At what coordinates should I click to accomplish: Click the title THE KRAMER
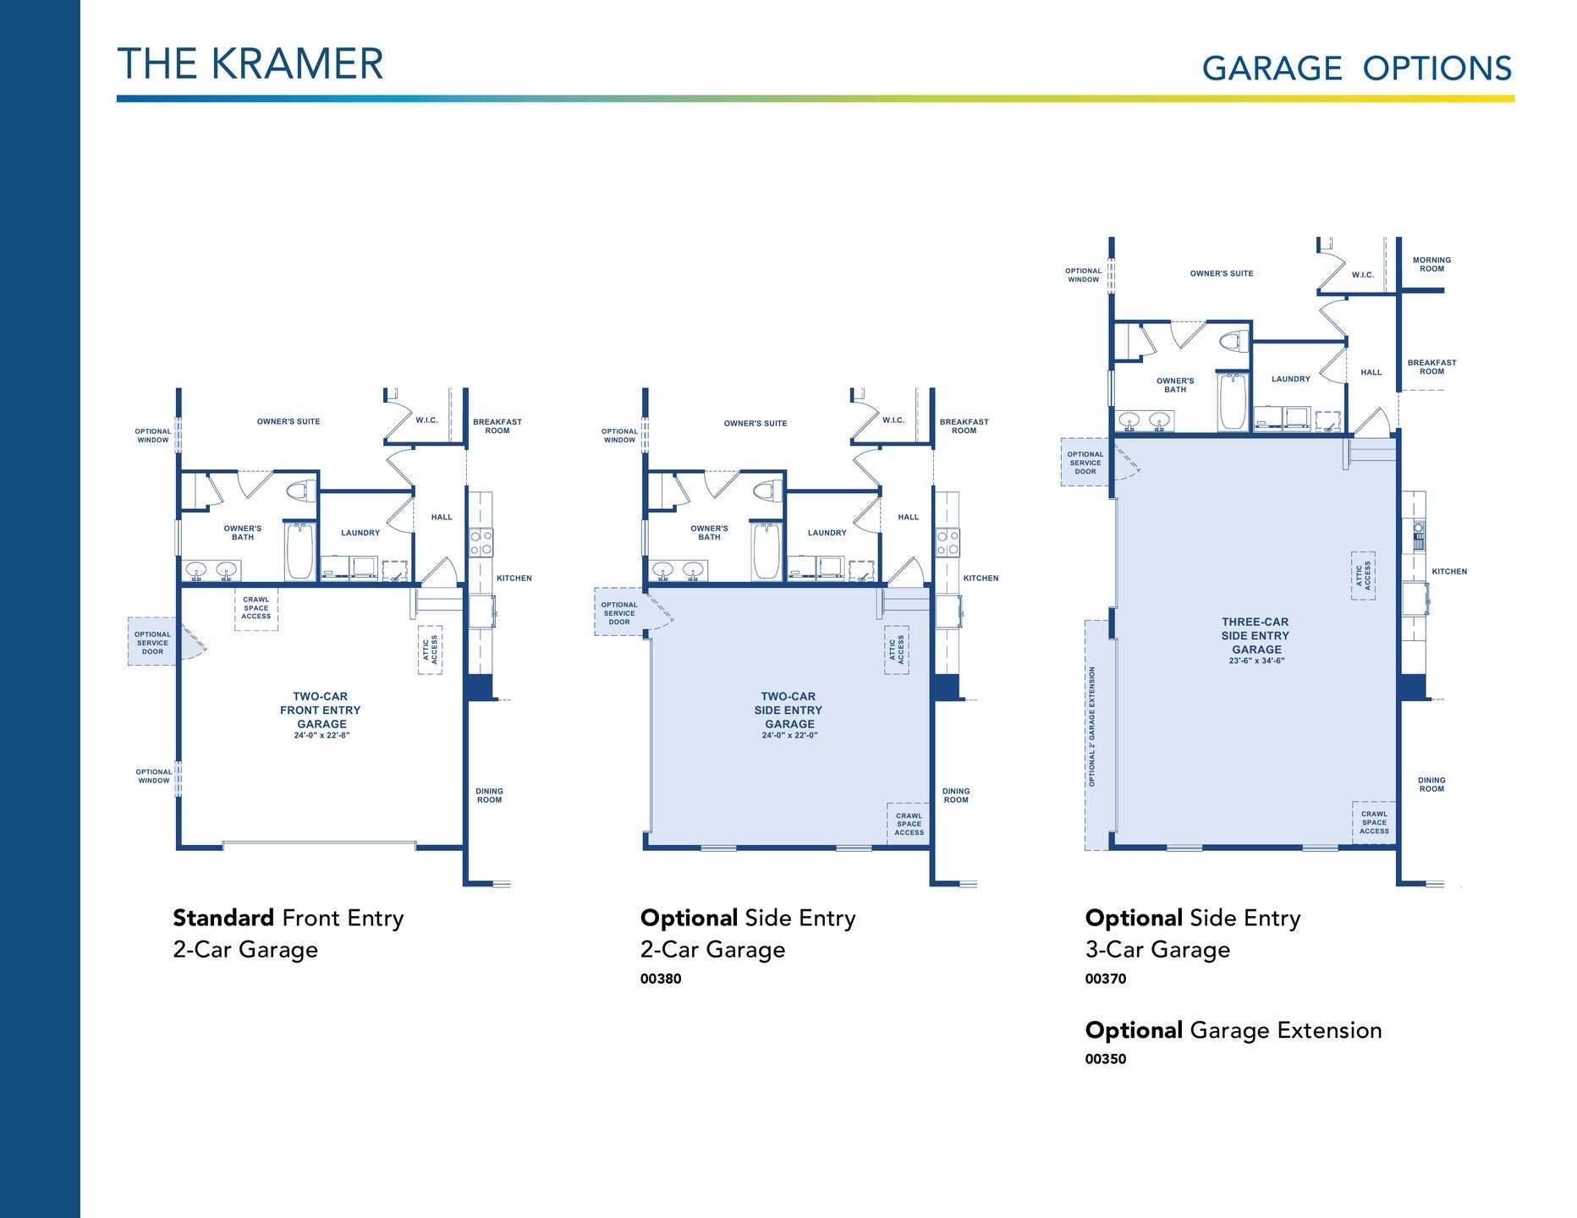(x=250, y=63)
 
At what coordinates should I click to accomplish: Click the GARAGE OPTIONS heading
(x=1356, y=69)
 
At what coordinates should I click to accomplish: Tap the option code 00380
(x=661, y=979)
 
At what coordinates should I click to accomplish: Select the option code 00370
(x=1106, y=979)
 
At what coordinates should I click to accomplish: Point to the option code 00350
(x=1106, y=1059)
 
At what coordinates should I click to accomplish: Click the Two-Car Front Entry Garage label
(x=321, y=710)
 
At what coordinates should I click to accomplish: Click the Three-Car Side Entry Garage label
(x=1256, y=635)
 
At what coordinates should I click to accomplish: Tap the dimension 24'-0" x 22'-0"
(x=789, y=736)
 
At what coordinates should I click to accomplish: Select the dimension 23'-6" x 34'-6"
(x=1256, y=661)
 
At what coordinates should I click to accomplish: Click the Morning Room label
(x=1431, y=265)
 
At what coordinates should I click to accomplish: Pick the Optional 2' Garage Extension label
(x=1092, y=727)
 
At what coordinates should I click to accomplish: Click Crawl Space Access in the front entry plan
(x=256, y=608)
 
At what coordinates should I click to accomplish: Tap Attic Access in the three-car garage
(x=1363, y=575)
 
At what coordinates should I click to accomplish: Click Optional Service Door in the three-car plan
(x=1085, y=463)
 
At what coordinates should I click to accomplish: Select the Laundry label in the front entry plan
(x=360, y=533)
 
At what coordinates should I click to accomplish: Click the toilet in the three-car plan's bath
(x=1232, y=343)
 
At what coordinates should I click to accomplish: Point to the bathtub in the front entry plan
(x=299, y=551)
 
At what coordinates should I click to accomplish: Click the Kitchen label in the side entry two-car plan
(x=981, y=579)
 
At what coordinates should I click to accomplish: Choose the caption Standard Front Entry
(x=288, y=919)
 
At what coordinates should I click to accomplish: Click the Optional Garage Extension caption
(x=1234, y=1031)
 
